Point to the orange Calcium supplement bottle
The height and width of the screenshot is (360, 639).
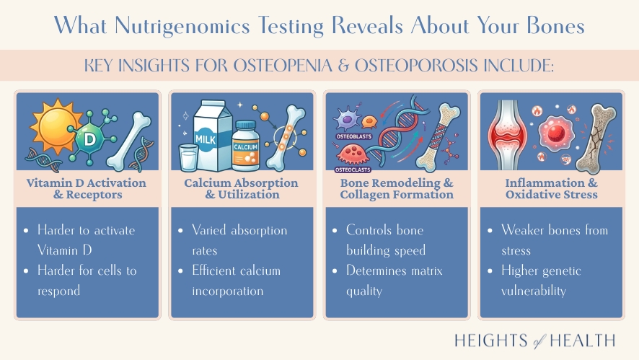[246, 144]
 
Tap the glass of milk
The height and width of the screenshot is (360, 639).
[188, 157]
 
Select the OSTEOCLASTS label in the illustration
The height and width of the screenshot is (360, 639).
[351, 170]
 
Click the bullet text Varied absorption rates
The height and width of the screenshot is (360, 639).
[239, 240]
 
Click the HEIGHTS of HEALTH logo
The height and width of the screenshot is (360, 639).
[536, 341]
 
